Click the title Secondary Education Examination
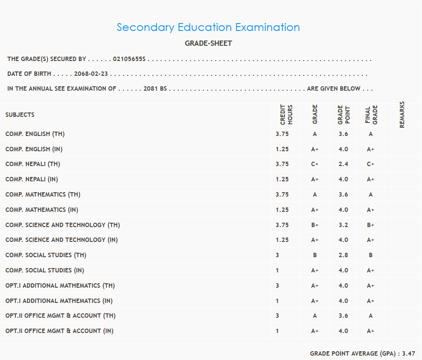(x=208, y=27)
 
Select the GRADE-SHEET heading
(x=208, y=44)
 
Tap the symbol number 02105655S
(x=129, y=59)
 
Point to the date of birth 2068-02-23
(x=91, y=74)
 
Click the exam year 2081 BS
(x=155, y=88)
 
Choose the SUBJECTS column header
(x=20, y=115)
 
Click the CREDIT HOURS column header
(x=286, y=115)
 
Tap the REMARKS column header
(x=402, y=115)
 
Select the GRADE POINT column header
(x=344, y=115)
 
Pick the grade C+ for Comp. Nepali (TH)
(x=315, y=164)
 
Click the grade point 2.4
(x=343, y=164)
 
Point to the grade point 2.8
(x=343, y=255)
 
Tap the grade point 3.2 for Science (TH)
(x=343, y=225)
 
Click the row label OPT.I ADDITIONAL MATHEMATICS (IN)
(x=59, y=301)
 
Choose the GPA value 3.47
(x=408, y=353)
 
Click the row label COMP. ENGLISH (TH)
(x=35, y=134)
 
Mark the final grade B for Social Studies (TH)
(x=371, y=255)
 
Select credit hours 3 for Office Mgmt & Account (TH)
(x=277, y=316)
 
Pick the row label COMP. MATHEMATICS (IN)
(x=42, y=210)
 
